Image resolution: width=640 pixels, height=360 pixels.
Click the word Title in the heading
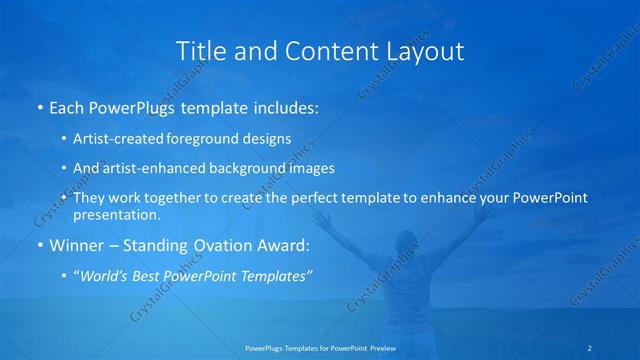tap(198, 50)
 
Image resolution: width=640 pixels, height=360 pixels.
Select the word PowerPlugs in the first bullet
tap(128, 105)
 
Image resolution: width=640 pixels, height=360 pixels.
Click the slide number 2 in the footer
tap(591, 347)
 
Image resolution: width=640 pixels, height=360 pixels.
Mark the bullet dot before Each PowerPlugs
tap(40, 105)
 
